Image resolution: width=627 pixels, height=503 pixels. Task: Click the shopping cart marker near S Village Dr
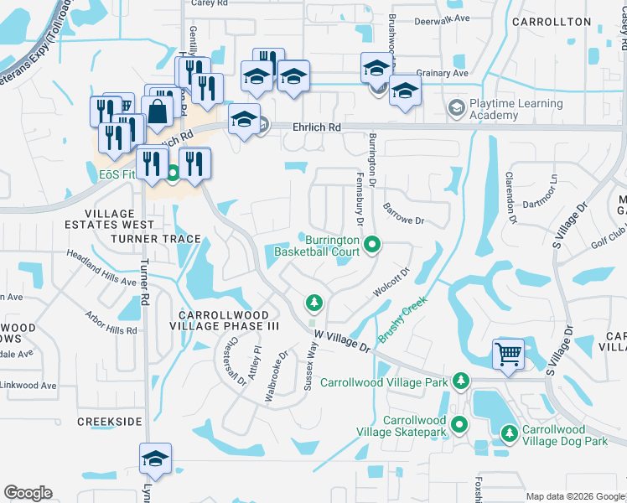[508, 355]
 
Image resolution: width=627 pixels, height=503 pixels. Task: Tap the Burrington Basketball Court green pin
[373, 246]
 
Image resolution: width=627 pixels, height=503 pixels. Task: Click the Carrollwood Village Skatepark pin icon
[459, 424]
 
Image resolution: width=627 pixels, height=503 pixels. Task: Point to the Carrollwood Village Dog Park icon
[508, 433]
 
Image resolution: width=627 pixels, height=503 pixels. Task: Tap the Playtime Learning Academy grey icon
[455, 107]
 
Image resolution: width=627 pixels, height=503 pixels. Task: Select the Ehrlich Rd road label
[317, 127]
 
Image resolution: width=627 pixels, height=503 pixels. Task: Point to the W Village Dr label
[342, 340]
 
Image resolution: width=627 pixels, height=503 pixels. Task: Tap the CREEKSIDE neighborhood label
[110, 421]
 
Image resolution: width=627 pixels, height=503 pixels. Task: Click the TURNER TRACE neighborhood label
[156, 239]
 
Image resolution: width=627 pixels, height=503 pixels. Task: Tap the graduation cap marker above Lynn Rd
[155, 459]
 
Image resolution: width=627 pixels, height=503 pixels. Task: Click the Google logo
[28, 493]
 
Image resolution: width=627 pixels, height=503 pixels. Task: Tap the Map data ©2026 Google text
[574, 496]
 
